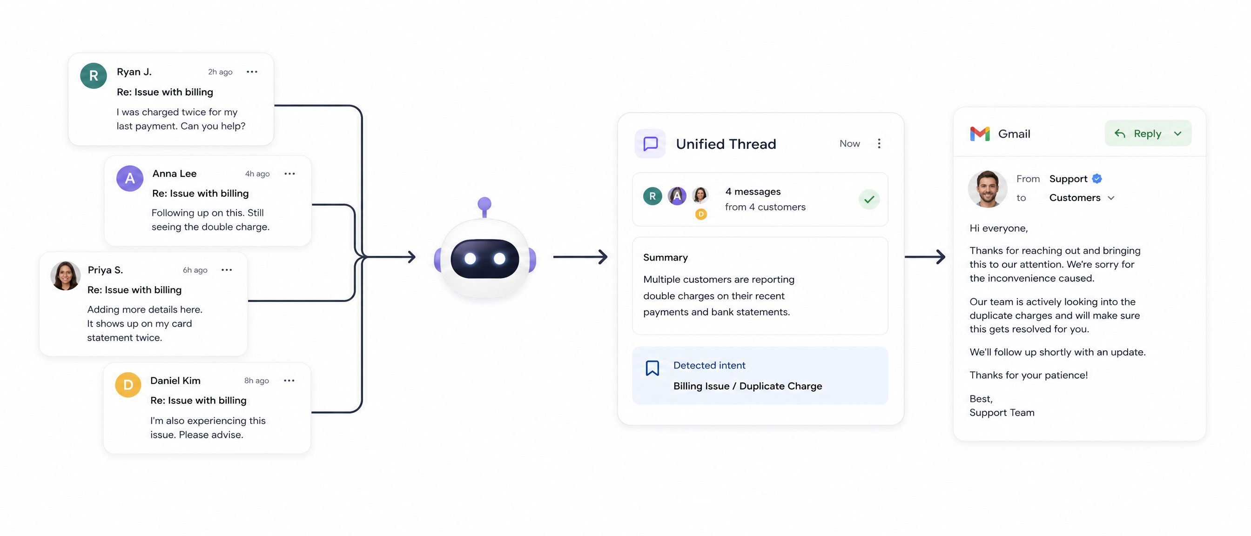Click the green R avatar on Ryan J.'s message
tap(93, 75)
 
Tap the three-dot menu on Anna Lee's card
tap(289, 174)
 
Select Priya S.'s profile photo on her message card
tap(65, 276)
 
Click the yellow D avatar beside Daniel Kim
tap(128, 384)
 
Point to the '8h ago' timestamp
tap(256, 381)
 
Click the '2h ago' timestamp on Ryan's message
tap(220, 72)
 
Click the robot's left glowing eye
tap(470, 259)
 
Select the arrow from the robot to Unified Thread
tap(580, 256)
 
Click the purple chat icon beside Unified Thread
tap(650, 144)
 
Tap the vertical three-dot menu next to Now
tap(879, 143)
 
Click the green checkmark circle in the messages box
tap(869, 199)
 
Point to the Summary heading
tap(666, 257)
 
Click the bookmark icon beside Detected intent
tap(652, 368)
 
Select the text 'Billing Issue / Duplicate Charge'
tap(747, 386)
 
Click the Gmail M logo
tap(980, 134)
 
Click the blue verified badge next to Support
tap(1096, 179)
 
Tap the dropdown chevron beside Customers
tap(1110, 198)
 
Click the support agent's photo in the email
tap(987, 189)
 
